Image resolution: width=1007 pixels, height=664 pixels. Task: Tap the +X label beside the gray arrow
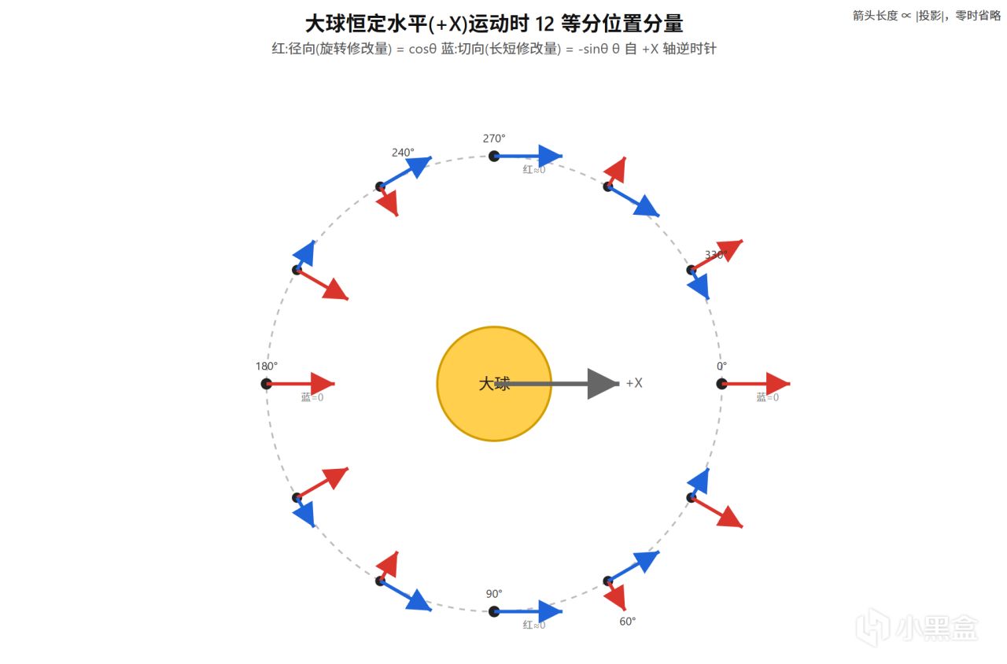coord(634,383)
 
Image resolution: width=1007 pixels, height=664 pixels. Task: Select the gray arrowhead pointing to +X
coord(603,384)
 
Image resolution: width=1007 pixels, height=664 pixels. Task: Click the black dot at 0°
coord(721,384)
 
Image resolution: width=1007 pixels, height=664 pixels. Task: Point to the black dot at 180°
coord(267,384)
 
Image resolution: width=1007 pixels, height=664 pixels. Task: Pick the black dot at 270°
coord(494,156)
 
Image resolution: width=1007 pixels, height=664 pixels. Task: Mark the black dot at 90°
coord(494,611)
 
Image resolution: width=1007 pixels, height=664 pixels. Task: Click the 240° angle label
coord(403,153)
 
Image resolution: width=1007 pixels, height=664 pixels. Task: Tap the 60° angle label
coord(628,622)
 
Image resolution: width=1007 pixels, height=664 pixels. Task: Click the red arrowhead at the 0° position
coord(777,384)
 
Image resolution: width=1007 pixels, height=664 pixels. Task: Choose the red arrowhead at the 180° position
coord(323,384)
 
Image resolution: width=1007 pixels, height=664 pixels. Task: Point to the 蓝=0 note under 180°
coord(312,397)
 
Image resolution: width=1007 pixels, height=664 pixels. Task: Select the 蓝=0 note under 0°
coord(768,397)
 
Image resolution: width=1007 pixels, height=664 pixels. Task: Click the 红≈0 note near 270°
coord(534,170)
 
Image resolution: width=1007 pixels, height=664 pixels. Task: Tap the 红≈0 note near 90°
coord(534,625)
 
